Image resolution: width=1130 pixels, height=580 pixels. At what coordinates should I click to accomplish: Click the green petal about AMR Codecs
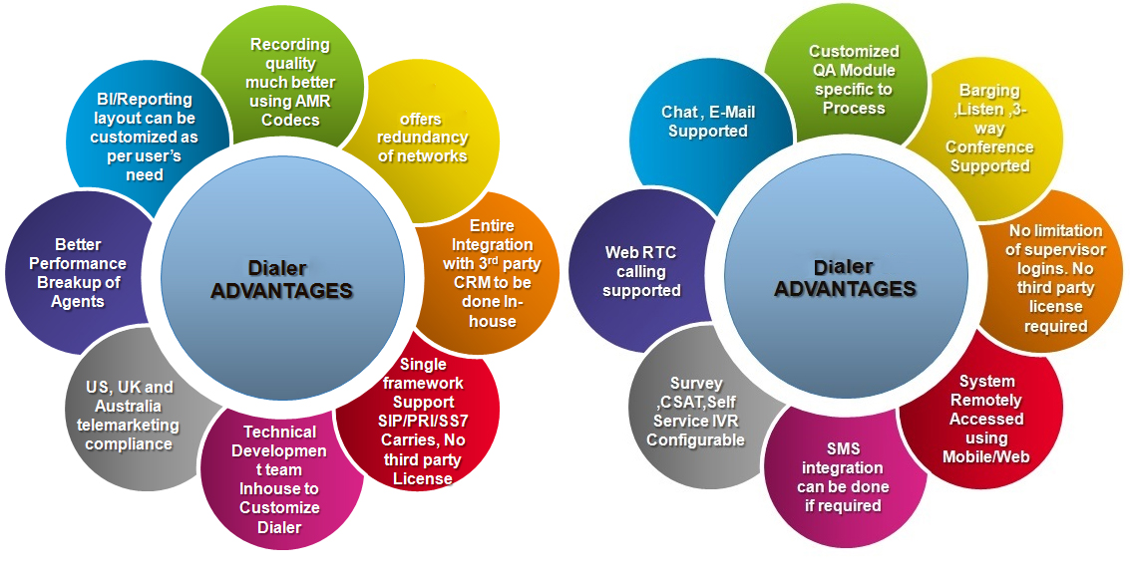(x=290, y=82)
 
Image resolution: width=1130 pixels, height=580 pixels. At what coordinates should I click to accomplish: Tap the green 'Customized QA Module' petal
(x=854, y=80)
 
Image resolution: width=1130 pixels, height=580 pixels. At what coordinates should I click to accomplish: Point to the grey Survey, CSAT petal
(x=696, y=412)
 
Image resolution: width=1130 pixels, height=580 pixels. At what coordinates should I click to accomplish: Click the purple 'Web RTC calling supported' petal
(x=640, y=271)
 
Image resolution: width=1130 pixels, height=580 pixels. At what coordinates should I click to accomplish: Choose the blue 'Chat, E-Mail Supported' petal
(x=707, y=122)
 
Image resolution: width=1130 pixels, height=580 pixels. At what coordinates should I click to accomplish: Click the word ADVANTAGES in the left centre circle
(x=281, y=291)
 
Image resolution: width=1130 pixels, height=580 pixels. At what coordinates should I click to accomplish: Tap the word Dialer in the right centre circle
(x=843, y=267)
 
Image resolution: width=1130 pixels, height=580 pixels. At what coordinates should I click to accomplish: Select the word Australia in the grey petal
(x=128, y=406)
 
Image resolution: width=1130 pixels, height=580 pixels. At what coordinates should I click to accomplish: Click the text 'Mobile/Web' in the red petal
(x=986, y=456)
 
